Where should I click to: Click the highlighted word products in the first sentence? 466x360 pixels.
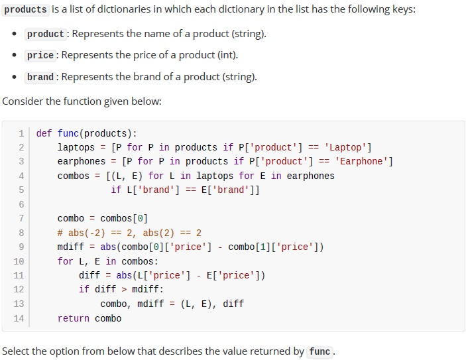26,9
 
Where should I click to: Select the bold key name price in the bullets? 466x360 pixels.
40,55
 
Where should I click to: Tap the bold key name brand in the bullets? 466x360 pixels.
40,77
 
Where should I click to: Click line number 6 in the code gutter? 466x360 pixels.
21,204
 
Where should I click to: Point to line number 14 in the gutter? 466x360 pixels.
19,318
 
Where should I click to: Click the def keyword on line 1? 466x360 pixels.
44,133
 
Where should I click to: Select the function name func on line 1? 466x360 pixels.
68,133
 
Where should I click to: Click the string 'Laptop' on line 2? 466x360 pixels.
345,147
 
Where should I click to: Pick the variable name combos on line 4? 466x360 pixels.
74,176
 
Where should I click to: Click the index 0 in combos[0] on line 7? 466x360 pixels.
140,219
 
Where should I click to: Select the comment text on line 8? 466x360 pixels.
129,233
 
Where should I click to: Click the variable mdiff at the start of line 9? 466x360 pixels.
71,247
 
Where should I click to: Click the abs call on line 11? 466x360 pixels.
124,275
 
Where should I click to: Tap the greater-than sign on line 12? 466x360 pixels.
124,289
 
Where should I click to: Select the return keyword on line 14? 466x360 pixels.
74,318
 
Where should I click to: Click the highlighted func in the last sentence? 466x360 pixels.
320,351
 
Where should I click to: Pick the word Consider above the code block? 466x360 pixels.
23,101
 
